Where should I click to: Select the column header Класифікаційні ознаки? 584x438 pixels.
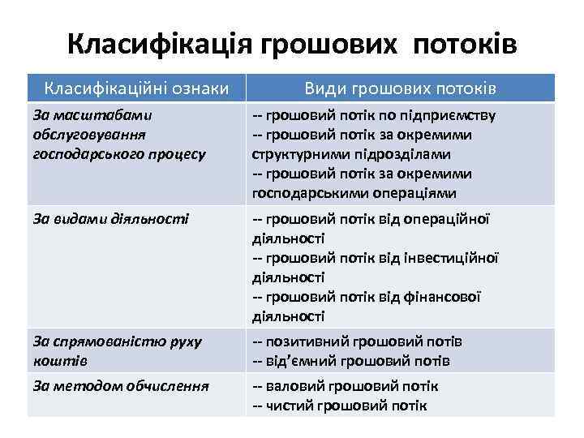(135, 88)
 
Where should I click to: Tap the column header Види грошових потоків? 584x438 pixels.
(400, 88)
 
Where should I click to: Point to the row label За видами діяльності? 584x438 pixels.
(111, 218)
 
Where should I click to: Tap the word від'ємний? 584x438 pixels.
(300, 361)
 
